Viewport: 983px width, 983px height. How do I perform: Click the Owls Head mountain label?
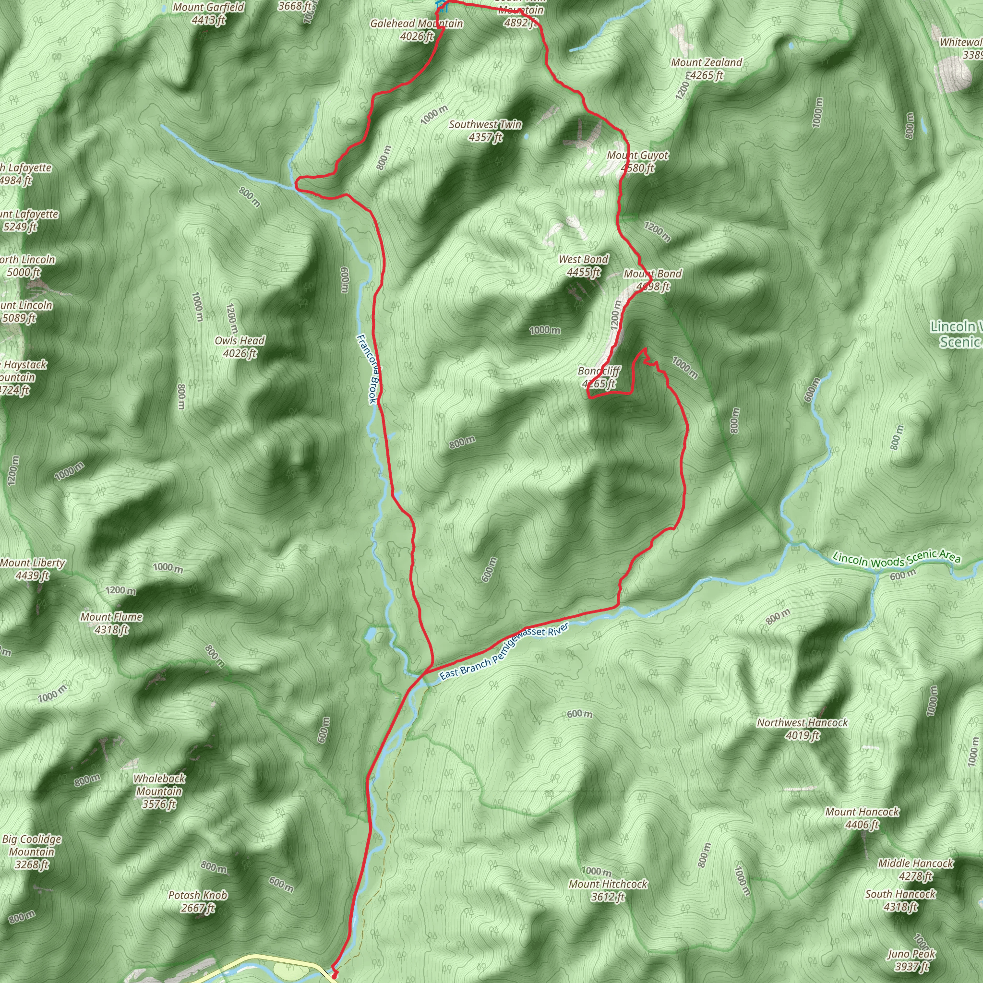point(240,347)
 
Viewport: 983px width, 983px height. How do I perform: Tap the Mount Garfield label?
point(209,14)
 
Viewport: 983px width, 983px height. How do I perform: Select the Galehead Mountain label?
point(417,29)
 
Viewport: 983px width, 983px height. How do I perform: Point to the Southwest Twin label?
point(485,131)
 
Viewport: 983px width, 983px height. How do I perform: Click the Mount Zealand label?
point(706,69)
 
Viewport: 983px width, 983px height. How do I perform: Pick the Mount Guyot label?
point(637,161)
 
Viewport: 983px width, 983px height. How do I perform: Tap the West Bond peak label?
point(584,265)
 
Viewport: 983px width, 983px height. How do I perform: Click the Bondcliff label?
point(599,377)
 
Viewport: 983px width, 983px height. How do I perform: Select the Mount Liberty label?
point(33,569)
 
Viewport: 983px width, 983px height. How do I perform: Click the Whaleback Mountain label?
point(159,791)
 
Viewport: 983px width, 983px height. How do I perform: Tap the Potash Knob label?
point(198,901)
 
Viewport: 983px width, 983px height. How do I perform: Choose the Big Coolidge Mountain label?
point(32,852)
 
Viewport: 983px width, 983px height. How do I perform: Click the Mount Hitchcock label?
point(608,890)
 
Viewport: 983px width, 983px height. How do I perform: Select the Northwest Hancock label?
point(803,729)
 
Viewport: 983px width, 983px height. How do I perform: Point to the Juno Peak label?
point(911,960)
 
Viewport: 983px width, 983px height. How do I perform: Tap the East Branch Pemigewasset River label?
point(503,652)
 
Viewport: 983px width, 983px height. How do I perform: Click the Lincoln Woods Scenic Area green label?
point(897,559)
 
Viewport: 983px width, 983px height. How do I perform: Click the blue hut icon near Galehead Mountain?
point(441,7)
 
